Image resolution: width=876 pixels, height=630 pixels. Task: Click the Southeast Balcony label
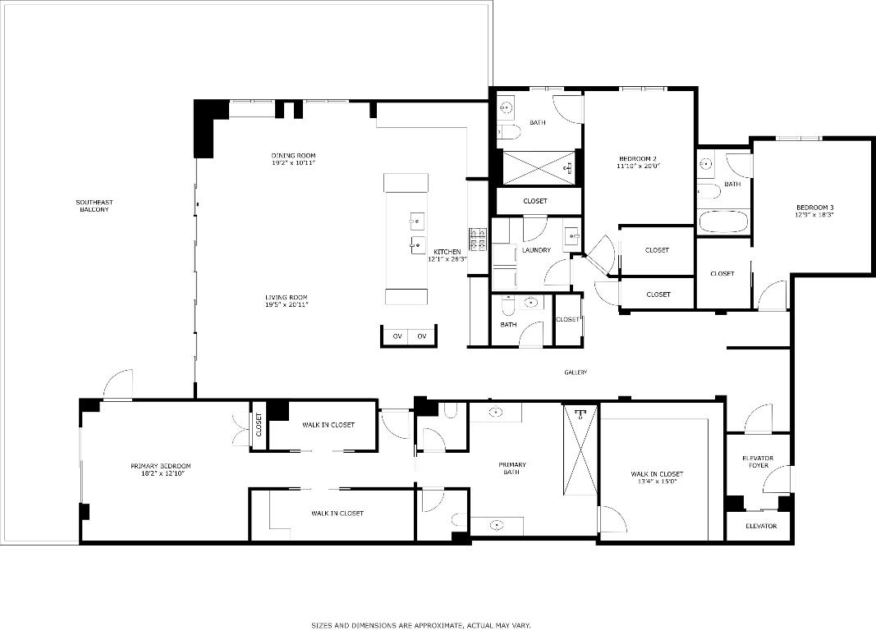pyautogui.click(x=94, y=206)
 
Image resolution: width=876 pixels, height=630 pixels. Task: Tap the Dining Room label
pyautogui.click(x=293, y=156)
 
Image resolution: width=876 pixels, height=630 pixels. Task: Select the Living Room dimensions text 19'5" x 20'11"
pyautogui.click(x=286, y=305)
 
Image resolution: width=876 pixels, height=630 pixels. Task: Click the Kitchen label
pyautogui.click(x=447, y=251)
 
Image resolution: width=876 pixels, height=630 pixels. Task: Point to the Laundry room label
pyautogui.click(x=535, y=250)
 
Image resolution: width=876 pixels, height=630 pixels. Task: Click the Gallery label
pyautogui.click(x=575, y=372)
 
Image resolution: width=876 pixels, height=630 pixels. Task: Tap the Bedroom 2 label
pyautogui.click(x=637, y=158)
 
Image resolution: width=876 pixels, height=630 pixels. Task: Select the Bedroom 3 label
pyautogui.click(x=814, y=207)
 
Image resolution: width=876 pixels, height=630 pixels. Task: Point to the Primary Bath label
pyautogui.click(x=512, y=468)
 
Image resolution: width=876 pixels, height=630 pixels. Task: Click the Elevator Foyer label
pyautogui.click(x=758, y=462)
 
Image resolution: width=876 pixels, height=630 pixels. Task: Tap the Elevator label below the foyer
pyautogui.click(x=760, y=526)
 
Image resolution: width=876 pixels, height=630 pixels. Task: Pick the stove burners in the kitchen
pyautogui.click(x=478, y=240)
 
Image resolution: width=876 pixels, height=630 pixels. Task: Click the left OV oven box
pyautogui.click(x=397, y=336)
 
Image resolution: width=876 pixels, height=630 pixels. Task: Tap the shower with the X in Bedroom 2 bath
pyautogui.click(x=537, y=167)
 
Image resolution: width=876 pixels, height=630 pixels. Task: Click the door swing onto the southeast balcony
pyautogui.click(x=118, y=383)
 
